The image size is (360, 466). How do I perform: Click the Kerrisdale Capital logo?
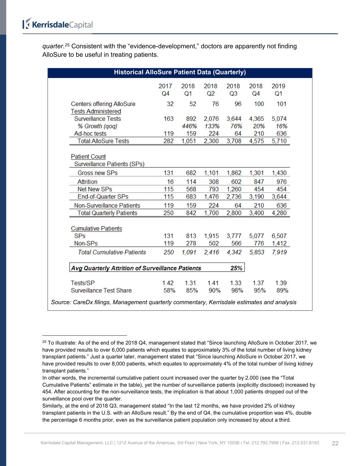(x=58, y=25)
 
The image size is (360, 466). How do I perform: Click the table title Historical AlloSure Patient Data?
(x=180, y=72)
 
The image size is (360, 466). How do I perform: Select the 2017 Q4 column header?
(x=165, y=90)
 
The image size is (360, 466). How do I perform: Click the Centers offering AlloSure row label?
(x=103, y=104)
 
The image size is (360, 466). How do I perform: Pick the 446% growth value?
(x=189, y=126)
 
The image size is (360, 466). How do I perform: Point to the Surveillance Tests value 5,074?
(x=279, y=119)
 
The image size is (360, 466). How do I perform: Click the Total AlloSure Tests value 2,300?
(x=211, y=141)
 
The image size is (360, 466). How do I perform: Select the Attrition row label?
(x=87, y=182)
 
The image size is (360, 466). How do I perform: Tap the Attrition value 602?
(x=236, y=182)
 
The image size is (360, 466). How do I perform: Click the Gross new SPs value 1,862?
(x=234, y=173)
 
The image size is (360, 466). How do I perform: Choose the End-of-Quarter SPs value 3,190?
(x=256, y=197)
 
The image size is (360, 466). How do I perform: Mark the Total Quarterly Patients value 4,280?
(x=279, y=213)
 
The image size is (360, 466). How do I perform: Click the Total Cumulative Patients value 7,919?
(x=279, y=252)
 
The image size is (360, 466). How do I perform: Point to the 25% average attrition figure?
(x=236, y=268)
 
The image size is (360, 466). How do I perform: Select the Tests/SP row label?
(x=82, y=283)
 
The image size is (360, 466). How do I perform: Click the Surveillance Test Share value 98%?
(x=237, y=290)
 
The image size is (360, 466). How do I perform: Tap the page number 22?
(x=335, y=443)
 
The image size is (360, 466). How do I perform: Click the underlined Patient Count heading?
(x=88, y=157)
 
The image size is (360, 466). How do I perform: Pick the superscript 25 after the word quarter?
(x=67, y=45)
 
